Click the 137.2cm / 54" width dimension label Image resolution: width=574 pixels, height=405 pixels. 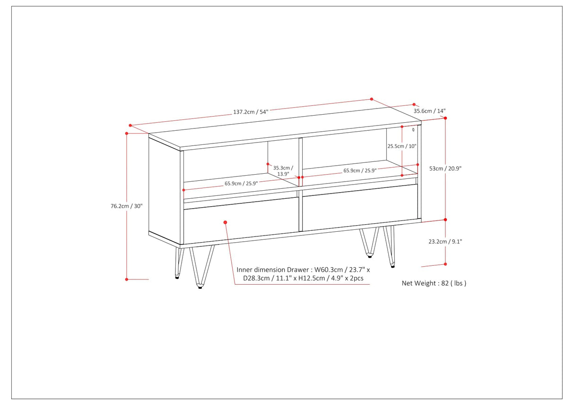coord(251,112)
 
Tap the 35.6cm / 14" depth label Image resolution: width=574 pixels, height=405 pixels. coord(429,111)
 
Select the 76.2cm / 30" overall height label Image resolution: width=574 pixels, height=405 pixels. coord(126,206)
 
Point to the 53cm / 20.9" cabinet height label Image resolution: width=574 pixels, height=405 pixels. coord(445,169)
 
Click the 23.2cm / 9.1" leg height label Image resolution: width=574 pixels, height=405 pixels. coord(445,241)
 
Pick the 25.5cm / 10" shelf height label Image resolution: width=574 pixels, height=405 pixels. coord(402,146)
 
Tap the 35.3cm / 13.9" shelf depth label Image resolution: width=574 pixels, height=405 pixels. coord(283,171)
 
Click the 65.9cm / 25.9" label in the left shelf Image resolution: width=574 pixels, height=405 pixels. coord(241,184)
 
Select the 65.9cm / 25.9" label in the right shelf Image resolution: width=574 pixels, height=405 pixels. coord(360,170)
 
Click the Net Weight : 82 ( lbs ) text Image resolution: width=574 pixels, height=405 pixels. coord(434,283)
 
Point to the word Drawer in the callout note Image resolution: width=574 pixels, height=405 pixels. coord(298,270)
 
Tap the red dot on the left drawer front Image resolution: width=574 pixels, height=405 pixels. coord(225,222)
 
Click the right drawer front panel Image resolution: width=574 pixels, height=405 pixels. coord(360,208)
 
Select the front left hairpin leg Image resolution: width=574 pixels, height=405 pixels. coord(202,267)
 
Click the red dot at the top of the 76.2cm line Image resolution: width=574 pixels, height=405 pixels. coord(127,133)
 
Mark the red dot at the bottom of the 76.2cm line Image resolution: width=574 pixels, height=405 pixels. coord(127,279)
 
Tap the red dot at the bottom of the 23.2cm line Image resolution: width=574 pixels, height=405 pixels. coord(445,264)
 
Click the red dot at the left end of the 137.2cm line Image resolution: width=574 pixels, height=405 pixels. coord(130,126)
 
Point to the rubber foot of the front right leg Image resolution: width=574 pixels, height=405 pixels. coord(392,266)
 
